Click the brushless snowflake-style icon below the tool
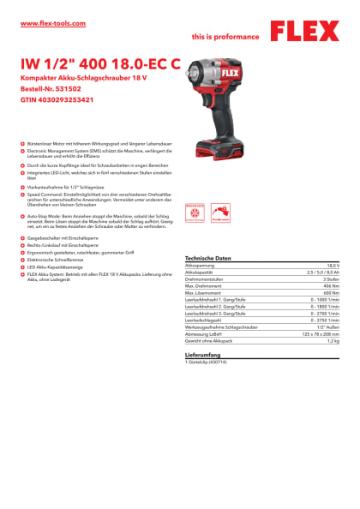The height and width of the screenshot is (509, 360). pyautogui.click(x=195, y=213)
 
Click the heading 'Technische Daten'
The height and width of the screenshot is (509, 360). pyautogui.click(x=209, y=258)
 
